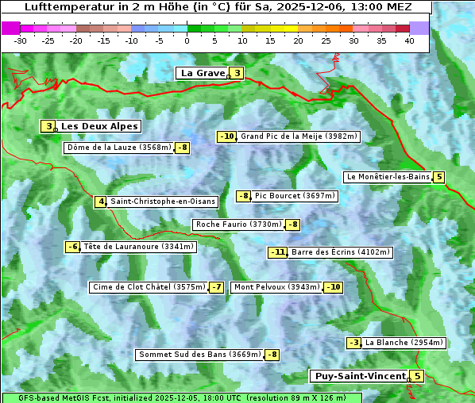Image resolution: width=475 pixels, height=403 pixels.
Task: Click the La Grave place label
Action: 202,73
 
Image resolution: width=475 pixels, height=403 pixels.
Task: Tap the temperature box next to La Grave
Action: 237,74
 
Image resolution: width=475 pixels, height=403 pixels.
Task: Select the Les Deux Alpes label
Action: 99,126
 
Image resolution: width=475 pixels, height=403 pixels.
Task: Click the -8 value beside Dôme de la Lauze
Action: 183,148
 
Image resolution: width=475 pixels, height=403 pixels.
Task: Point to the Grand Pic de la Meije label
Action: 299,136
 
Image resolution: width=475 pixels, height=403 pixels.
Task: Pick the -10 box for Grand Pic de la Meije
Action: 227,136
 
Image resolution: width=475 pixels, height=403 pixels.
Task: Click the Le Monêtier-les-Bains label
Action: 388,177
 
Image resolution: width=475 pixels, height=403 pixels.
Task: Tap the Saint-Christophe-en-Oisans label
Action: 163,201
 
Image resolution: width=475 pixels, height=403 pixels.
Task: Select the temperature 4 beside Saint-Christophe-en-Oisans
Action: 100,201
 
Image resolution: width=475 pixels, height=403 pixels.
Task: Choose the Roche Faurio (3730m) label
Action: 238,225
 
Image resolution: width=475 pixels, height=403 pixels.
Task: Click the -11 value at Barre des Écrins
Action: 277,252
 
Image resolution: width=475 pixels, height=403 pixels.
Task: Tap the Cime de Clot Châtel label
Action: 149,287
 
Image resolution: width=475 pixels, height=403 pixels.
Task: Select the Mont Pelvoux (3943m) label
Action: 276,287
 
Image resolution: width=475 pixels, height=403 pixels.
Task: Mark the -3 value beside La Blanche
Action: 353,343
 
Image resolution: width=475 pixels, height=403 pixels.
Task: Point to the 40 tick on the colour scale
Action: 409,40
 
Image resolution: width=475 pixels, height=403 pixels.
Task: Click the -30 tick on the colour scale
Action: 21,40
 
